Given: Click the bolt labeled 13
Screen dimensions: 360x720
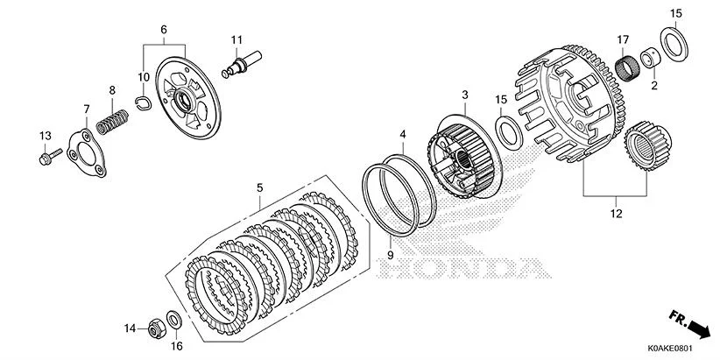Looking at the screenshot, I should (x=48, y=157).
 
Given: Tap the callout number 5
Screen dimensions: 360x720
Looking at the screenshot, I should (x=259, y=187).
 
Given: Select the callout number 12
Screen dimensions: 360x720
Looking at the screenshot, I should (x=614, y=213).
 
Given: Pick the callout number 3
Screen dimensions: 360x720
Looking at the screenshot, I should (x=465, y=94).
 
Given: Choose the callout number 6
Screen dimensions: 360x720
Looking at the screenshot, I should (x=163, y=30).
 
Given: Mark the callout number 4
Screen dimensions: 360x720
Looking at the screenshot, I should (x=403, y=135).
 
